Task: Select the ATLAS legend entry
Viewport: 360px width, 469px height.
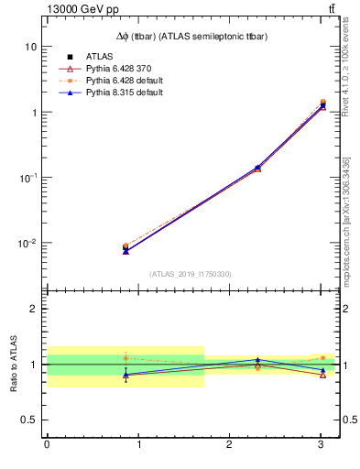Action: pos(99,57)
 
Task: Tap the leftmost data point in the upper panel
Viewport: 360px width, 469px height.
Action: pos(125,248)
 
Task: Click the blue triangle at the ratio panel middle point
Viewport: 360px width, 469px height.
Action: pos(257,360)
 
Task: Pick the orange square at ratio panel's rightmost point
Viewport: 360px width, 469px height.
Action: pos(322,358)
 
